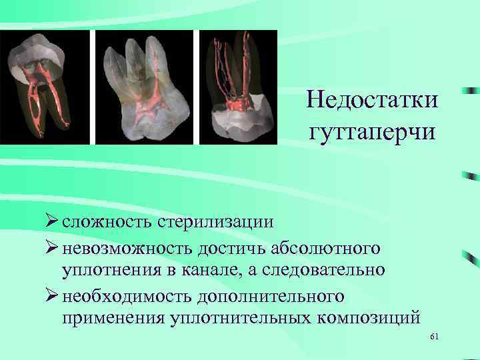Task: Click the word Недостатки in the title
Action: (x=373, y=101)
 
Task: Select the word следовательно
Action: (x=329, y=270)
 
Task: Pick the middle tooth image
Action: (x=144, y=87)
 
